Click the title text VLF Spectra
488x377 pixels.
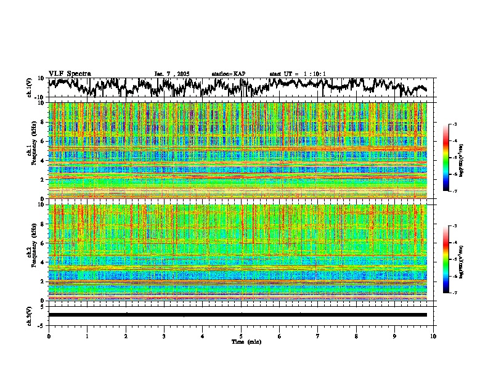(x=70, y=74)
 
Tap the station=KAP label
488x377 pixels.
(x=228, y=74)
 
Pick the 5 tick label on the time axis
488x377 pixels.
(x=241, y=336)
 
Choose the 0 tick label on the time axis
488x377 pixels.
(x=49, y=336)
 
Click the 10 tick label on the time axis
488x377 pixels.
(x=433, y=336)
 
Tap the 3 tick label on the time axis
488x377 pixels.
(x=164, y=336)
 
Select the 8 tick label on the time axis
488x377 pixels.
(x=356, y=336)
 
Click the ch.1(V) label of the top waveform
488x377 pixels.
(x=30, y=87)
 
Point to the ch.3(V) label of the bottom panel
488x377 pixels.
(x=30, y=314)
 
